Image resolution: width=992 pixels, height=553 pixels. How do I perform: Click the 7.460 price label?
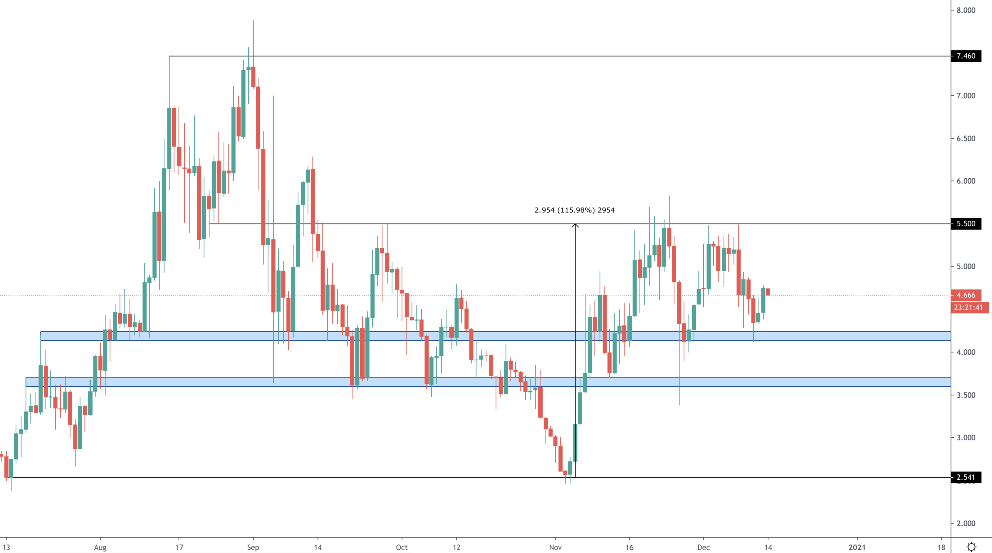[x=966, y=56]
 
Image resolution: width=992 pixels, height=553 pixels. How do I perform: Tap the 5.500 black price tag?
[x=966, y=224]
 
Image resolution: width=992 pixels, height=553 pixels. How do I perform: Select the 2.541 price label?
[x=966, y=477]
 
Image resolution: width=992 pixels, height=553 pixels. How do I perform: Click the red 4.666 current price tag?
[x=966, y=295]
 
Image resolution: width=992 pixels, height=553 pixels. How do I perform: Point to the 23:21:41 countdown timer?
[x=968, y=307]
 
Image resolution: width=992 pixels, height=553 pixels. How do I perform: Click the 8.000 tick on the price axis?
[x=966, y=10]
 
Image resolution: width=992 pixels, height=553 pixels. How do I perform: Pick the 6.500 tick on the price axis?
[x=966, y=139]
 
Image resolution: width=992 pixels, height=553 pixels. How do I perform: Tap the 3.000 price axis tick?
[x=966, y=438]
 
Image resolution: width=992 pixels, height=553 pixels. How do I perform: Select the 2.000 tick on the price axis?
[x=966, y=523]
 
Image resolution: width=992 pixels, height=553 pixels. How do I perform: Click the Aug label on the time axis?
[x=100, y=547]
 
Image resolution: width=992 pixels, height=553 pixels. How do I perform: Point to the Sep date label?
[x=253, y=547]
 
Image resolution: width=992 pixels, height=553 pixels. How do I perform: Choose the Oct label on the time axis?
[x=402, y=547]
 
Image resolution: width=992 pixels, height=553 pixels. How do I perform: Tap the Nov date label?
[x=555, y=547]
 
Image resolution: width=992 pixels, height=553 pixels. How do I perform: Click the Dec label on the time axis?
[x=703, y=547]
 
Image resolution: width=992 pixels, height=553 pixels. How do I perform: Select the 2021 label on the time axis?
[x=857, y=547]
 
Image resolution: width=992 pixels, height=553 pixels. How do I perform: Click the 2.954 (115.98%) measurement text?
[x=575, y=210]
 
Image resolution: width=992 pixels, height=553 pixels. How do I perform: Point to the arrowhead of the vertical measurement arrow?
[x=575, y=226]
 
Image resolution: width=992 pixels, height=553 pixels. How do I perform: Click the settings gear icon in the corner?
[x=971, y=547]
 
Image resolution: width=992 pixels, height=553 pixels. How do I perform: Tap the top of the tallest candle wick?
[x=253, y=21]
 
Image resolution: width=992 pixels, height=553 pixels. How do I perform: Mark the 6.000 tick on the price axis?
[x=966, y=181]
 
